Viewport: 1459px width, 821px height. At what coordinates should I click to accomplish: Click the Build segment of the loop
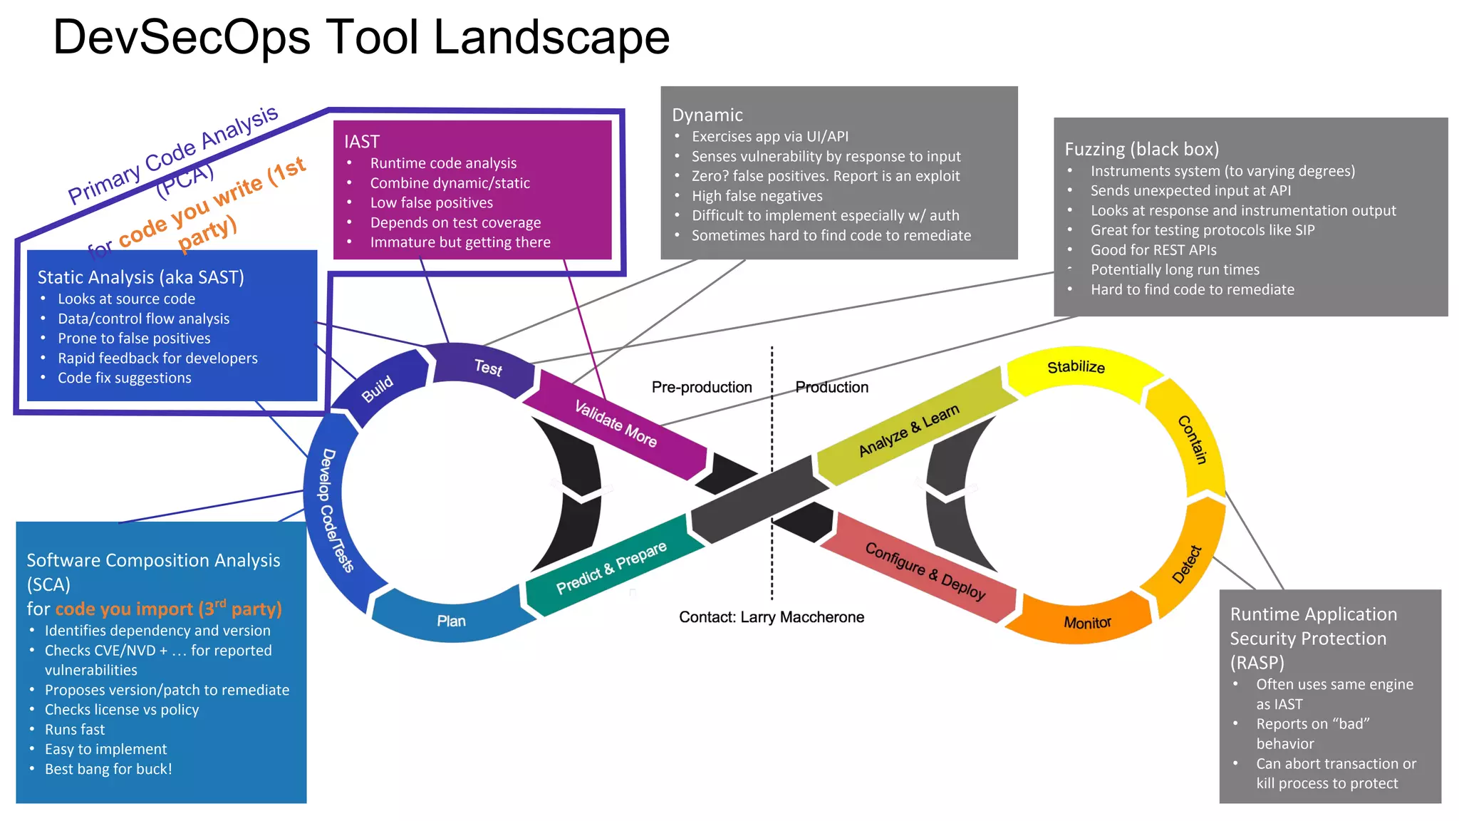point(378,388)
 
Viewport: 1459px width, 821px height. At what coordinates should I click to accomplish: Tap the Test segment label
point(488,367)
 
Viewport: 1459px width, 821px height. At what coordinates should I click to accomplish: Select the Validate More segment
point(616,423)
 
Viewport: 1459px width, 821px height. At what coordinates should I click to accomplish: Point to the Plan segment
point(451,621)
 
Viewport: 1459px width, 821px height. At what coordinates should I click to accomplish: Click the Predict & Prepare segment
point(611,567)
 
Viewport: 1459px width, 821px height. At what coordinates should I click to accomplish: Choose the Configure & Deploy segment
point(925,571)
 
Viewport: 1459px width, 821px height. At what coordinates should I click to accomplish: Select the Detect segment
point(1187,564)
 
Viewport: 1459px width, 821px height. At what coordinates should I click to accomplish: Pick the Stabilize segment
point(1076,367)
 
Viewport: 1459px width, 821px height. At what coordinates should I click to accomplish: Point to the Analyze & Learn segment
point(909,430)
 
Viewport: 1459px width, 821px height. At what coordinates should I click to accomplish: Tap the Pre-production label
point(702,387)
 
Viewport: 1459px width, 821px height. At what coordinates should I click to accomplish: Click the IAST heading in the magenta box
point(362,142)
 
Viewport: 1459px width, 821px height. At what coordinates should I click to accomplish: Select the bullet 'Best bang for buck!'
point(108,769)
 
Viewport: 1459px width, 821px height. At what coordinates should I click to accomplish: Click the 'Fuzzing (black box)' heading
point(1141,149)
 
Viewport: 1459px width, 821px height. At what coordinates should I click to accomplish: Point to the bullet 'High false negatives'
point(757,196)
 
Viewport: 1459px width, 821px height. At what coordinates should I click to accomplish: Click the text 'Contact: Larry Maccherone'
point(772,617)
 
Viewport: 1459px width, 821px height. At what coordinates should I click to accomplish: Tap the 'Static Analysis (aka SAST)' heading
point(140,277)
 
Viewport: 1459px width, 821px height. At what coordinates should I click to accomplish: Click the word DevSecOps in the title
point(182,37)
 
